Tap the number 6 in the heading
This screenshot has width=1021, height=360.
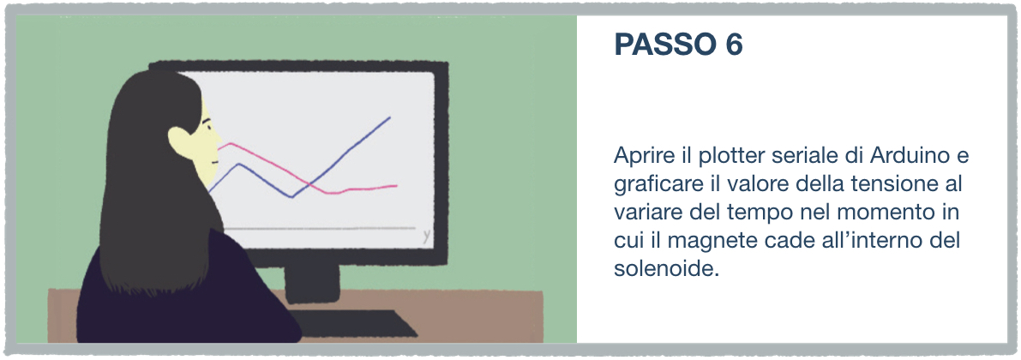(733, 45)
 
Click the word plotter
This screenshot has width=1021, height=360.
(733, 157)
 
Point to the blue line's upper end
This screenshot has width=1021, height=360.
(389, 117)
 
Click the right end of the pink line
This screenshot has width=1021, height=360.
(396, 185)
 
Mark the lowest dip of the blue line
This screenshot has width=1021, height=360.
(291, 196)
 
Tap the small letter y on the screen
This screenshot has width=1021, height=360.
(427, 237)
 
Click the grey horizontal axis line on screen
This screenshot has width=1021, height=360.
(319, 229)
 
